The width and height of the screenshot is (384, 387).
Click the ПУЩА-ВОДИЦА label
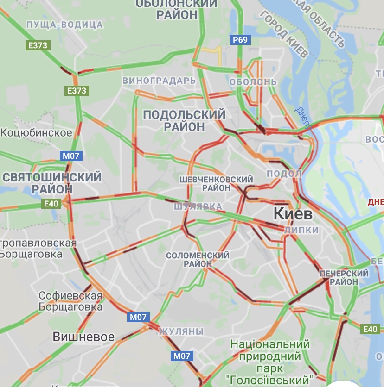pos(64,24)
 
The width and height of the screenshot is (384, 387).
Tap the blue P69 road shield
pos(240,39)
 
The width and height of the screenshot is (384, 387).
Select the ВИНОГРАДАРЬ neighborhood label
pos(159,81)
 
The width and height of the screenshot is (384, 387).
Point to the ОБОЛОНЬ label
pos(253,82)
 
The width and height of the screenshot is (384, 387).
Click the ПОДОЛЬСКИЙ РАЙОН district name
pos(184,120)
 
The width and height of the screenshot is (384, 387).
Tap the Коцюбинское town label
pos(36,133)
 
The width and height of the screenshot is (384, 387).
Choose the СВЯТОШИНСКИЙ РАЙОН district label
pos(52,183)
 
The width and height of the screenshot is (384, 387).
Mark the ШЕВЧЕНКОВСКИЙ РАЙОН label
pos(216,183)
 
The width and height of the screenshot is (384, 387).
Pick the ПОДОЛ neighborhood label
pos(284,174)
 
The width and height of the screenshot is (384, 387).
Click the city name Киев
pos(293,214)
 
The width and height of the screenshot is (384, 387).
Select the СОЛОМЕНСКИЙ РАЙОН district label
pos(198,259)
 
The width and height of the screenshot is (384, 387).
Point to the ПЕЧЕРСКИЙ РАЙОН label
pos(344,277)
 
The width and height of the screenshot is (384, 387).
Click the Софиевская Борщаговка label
pos(70,301)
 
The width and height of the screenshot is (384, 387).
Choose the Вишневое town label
pos(83,337)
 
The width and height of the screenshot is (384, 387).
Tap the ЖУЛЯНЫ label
pos(181,331)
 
